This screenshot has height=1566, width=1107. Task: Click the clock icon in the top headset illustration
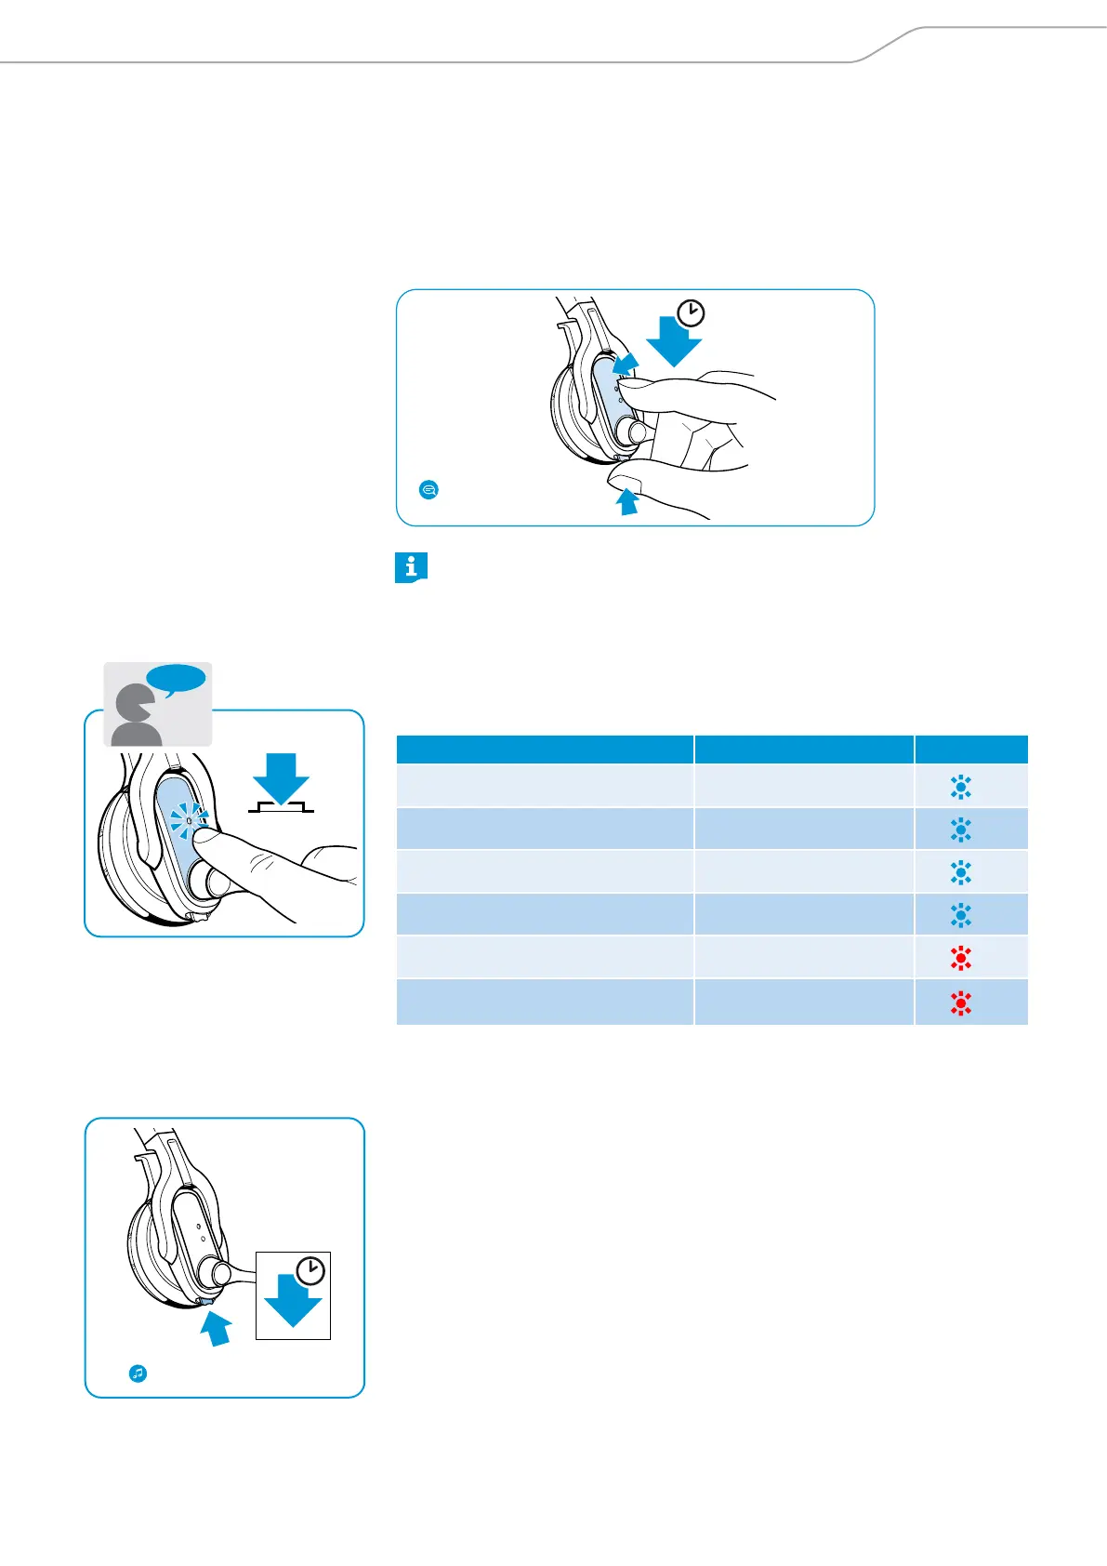pyautogui.click(x=691, y=313)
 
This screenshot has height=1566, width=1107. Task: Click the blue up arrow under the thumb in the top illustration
pyautogui.click(x=628, y=501)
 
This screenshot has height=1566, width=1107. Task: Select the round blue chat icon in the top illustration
pyautogui.click(x=428, y=489)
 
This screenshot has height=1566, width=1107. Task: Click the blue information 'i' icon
pyautogui.click(x=411, y=567)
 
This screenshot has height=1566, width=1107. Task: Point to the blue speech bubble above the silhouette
pyautogui.click(x=177, y=680)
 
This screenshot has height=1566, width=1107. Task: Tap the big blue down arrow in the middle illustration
pyautogui.click(x=281, y=776)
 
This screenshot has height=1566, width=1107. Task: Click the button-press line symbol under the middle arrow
pyautogui.click(x=281, y=806)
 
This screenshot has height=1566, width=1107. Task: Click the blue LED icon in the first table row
pyautogui.click(x=961, y=788)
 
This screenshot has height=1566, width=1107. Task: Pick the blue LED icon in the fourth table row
pyautogui.click(x=961, y=916)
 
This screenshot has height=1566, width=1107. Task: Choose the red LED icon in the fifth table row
pyautogui.click(x=961, y=959)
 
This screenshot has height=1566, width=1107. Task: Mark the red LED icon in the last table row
pyautogui.click(x=961, y=1002)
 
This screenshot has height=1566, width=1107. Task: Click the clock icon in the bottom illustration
pyautogui.click(x=310, y=1270)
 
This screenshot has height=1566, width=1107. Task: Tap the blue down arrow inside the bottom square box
pyautogui.click(x=293, y=1301)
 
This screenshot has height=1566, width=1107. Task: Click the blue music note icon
pyautogui.click(x=138, y=1373)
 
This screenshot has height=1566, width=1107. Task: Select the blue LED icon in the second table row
pyautogui.click(x=961, y=829)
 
